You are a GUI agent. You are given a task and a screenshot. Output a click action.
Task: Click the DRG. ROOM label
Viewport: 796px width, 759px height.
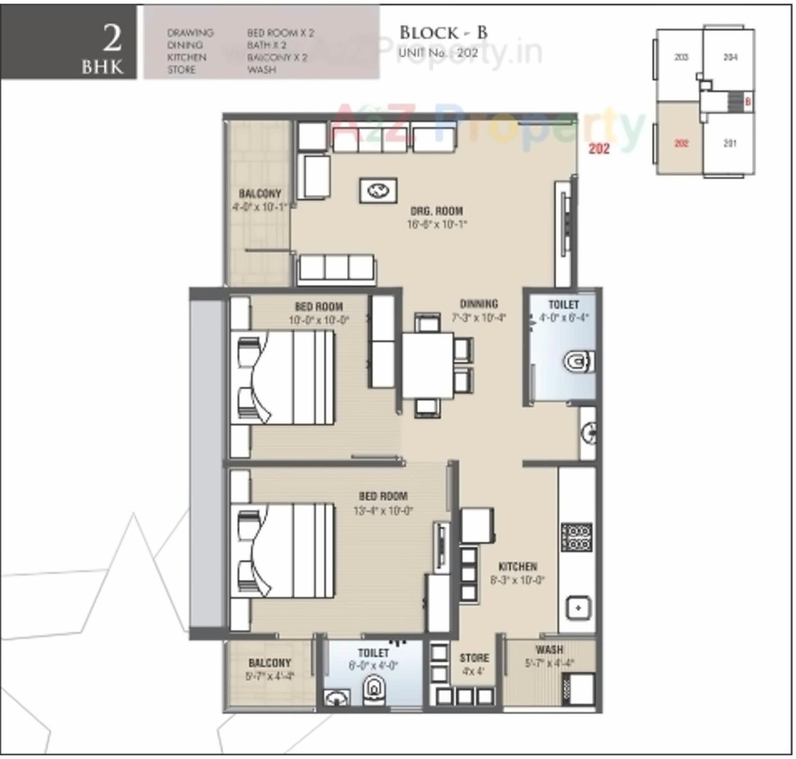[x=436, y=211]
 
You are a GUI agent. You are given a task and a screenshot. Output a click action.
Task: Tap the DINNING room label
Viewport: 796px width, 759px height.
[x=478, y=304]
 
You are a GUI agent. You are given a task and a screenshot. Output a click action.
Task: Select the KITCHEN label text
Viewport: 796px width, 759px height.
[x=517, y=566]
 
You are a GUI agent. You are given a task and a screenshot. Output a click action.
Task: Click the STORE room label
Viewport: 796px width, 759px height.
[x=474, y=658]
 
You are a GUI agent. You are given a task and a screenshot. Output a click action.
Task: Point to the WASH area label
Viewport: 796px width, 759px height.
[x=549, y=649]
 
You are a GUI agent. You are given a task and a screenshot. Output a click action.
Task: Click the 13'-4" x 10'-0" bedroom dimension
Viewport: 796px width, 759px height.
[x=383, y=510]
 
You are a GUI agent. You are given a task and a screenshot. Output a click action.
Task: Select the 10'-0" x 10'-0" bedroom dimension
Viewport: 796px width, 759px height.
[x=318, y=320]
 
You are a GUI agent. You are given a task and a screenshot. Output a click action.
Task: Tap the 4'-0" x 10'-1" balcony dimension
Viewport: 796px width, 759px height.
[x=259, y=207]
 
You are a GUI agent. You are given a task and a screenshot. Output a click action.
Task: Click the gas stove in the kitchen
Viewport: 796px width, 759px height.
[x=576, y=537]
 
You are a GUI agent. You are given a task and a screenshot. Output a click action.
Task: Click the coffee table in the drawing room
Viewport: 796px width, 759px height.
[x=378, y=190]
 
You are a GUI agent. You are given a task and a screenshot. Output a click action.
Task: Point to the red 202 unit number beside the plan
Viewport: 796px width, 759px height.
[x=599, y=149]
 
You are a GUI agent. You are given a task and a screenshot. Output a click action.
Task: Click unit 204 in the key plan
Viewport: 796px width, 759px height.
[x=730, y=58]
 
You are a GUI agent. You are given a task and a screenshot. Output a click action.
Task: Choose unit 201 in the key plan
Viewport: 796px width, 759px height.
[x=729, y=143]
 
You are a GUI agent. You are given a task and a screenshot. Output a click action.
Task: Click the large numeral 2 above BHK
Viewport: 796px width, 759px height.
[x=112, y=38]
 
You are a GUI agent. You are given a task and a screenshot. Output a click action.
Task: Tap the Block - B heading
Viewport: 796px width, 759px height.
[x=443, y=33]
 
